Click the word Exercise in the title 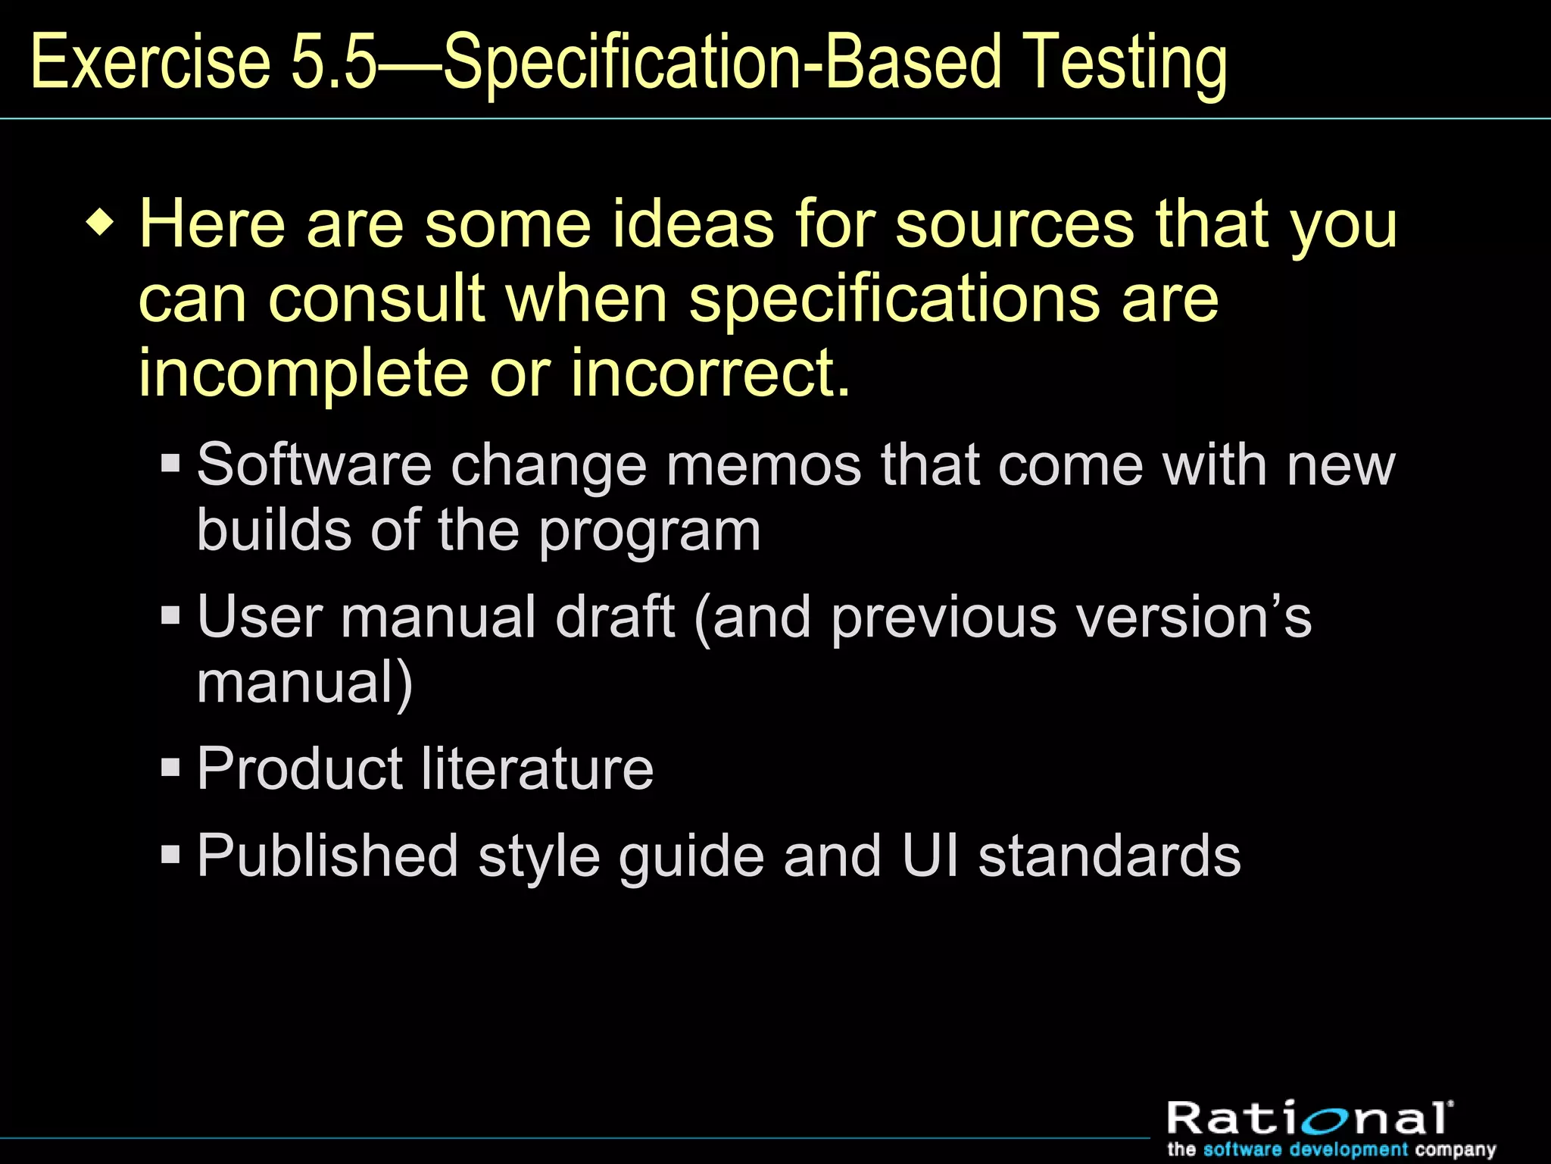150,62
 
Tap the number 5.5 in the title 333,62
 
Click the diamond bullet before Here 101,225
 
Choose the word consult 376,299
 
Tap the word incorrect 710,373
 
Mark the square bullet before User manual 170,615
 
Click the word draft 614,616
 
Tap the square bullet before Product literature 170,767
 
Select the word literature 537,768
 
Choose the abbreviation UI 930,856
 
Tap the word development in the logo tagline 1349,1150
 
